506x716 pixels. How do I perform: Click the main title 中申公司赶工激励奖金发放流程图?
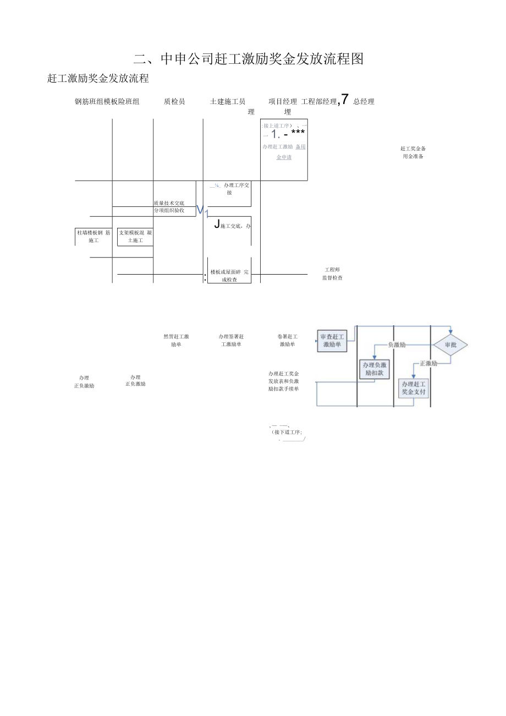point(249,59)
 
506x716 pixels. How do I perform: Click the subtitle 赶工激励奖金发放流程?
point(98,79)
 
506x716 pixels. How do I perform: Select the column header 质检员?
point(174,101)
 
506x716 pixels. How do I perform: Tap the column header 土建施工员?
point(228,101)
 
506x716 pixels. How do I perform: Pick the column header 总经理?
point(364,101)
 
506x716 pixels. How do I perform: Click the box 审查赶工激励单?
point(332,341)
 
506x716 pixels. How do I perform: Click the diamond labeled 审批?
point(450,345)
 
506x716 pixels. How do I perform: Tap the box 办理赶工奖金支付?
point(413,388)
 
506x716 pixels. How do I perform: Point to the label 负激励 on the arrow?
point(397,345)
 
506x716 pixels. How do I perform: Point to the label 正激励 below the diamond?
point(428,363)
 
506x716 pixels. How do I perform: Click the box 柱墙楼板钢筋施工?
point(94,236)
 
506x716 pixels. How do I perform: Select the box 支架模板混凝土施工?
point(135,236)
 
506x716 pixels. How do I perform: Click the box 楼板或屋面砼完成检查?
point(229,276)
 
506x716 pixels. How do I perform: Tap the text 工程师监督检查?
point(332,274)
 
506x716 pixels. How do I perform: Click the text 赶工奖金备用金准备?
point(413,152)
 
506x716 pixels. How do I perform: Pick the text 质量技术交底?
point(169,203)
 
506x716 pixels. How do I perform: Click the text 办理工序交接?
point(236,189)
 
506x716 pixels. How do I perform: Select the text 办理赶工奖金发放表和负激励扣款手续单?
point(283,381)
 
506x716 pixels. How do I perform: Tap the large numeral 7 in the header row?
point(345,99)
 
